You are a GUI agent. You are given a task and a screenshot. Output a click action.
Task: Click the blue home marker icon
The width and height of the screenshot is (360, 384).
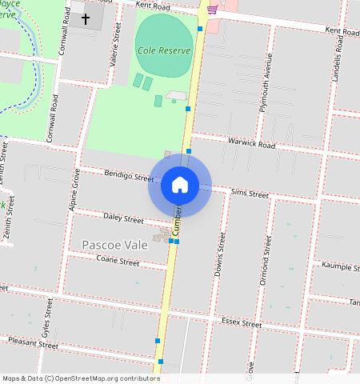tap(180, 186)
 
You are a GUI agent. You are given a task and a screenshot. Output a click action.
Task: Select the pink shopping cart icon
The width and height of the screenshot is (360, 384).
tap(212, 10)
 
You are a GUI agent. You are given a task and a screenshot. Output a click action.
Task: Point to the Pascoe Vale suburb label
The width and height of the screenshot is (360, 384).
tap(114, 244)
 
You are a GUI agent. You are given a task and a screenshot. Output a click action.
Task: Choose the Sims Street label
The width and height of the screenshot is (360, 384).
tap(250, 193)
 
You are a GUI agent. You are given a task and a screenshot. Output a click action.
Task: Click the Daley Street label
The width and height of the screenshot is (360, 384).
tap(123, 218)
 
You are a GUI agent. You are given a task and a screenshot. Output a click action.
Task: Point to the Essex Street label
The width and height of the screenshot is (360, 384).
tap(241, 324)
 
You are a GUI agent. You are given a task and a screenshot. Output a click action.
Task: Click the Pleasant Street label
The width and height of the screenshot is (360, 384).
tap(33, 346)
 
